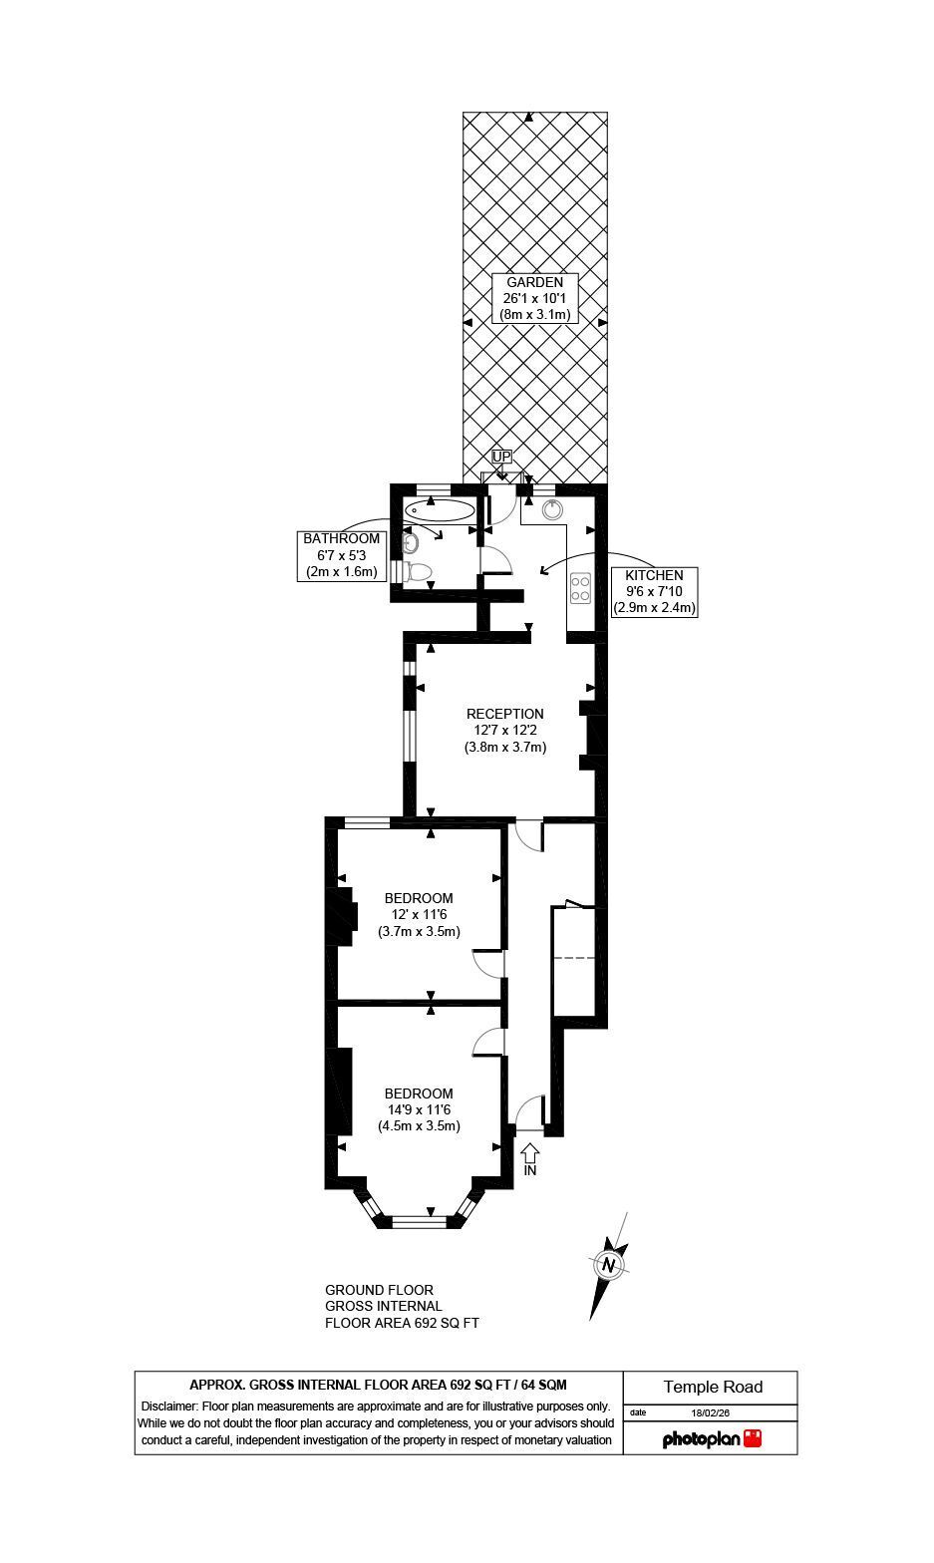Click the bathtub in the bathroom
coord(440,510)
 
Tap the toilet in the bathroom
coord(417,571)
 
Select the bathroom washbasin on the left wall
coord(410,542)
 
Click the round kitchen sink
coord(552,509)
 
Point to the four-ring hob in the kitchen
coord(580,587)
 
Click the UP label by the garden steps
coord(501,457)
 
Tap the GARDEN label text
coord(534,282)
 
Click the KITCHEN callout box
coord(654,592)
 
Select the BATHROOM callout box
coord(341,556)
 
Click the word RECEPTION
coord(505,714)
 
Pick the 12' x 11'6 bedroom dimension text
coord(419,915)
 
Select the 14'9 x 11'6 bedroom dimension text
coord(419,1110)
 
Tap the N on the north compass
coord(610,1264)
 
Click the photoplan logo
coord(712,1438)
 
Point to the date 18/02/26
coord(710,1413)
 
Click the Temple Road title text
coord(713,1387)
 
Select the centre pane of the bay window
coord(419,1221)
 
